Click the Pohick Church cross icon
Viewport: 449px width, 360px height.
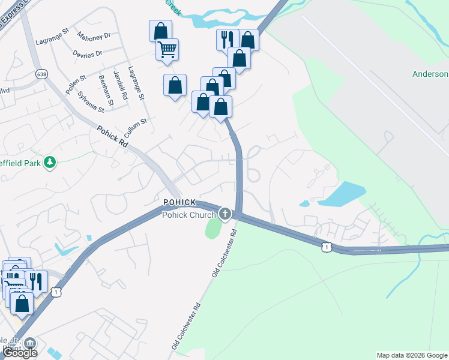coord(225,214)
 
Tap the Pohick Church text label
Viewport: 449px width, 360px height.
coord(190,215)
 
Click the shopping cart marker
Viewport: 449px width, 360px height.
coord(167,49)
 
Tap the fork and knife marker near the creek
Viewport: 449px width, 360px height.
coord(227,40)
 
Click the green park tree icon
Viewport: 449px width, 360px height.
coord(50,162)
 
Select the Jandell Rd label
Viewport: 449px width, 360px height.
coord(122,86)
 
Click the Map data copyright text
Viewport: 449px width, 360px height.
coord(411,355)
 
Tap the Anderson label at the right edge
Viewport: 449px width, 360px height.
coord(430,74)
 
